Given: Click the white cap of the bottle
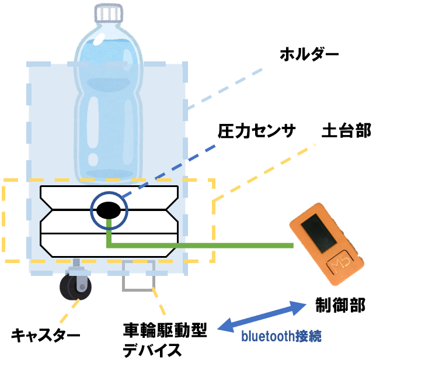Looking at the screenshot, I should (109, 12).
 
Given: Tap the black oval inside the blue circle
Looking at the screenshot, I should (109, 210).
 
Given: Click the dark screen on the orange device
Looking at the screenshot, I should (316, 233).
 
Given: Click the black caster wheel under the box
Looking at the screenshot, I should (74, 287).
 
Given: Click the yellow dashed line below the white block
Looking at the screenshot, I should (159, 302).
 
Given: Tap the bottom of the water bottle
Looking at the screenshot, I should (108, 174).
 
